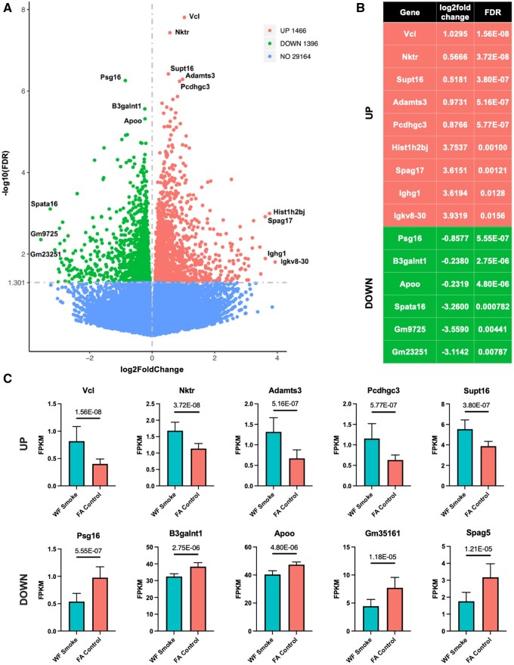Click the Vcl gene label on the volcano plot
(194, 16)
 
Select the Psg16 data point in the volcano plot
(125, 80)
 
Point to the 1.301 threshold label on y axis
(17, 283)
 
